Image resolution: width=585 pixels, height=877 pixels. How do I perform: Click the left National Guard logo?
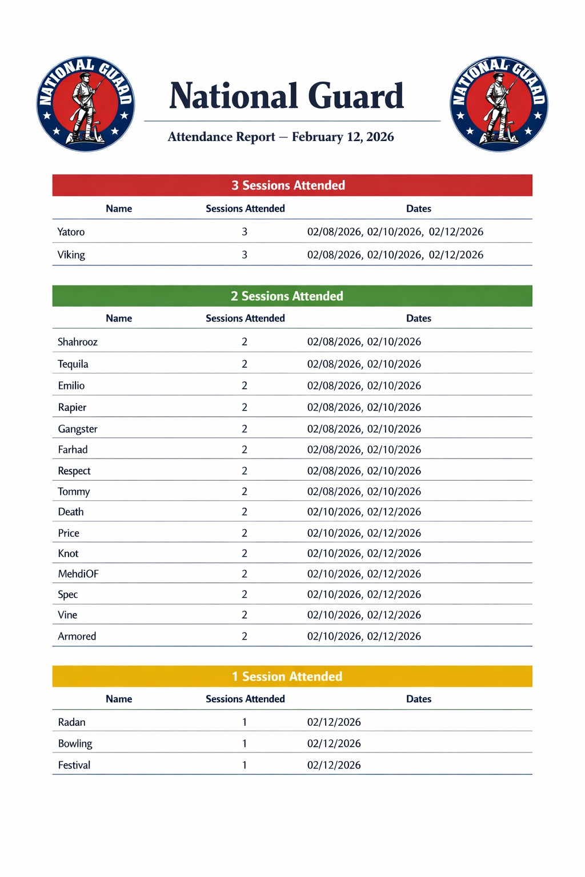click(86, 104)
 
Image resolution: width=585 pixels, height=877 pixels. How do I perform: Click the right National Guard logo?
click(499, 104)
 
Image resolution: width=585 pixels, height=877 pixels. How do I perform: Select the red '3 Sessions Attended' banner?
click(292, 186)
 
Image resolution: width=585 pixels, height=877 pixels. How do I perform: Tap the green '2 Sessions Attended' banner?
click(292, 296)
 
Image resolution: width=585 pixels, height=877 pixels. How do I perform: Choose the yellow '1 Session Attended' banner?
click(292, 677)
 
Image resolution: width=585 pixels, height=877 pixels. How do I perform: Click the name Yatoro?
click(71, 232)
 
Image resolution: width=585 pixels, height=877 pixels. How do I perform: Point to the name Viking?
click(71, 255)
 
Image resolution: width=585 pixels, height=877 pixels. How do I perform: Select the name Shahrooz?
click(78, 342)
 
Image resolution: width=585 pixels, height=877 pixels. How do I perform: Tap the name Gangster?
click(78, 429)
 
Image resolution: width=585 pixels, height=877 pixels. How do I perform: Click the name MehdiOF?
click(78, 574)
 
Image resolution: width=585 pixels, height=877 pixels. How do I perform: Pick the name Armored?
click(77, 636)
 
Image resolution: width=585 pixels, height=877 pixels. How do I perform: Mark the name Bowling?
click(75, 743)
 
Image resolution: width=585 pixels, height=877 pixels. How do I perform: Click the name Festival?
click(74, 765)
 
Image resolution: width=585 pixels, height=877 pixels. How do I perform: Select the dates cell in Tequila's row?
click(364, 364)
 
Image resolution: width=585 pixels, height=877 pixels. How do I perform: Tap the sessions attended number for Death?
click(245, 512)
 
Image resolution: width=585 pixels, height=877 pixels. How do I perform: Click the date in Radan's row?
click(334, 722)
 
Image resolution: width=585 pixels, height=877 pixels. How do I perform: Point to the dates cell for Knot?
click(364, 553)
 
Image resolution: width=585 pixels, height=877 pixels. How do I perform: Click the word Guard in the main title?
click(356, 96)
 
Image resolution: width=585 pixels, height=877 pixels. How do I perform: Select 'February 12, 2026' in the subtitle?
click(343, 137)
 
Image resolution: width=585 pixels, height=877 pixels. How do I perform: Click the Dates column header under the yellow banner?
click(419, 699)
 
